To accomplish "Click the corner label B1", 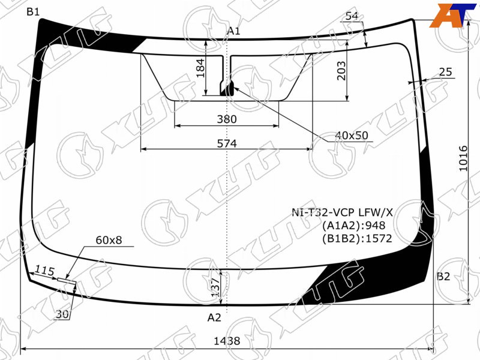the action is click(x=33, y=12).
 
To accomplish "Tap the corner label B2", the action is click(x=443, y=277).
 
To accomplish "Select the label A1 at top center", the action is click(x=233, y=31).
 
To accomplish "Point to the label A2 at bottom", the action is click(x=214, y=318).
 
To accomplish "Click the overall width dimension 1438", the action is click(x=227, y=341).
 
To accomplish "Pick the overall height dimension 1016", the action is click(x=463, y=158).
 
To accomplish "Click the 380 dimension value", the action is click(x=227, y=119).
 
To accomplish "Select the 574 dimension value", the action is click(x=227, y=143).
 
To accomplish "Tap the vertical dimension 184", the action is click(x=200, y=68).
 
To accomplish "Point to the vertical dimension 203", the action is click(x=341, y=71).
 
